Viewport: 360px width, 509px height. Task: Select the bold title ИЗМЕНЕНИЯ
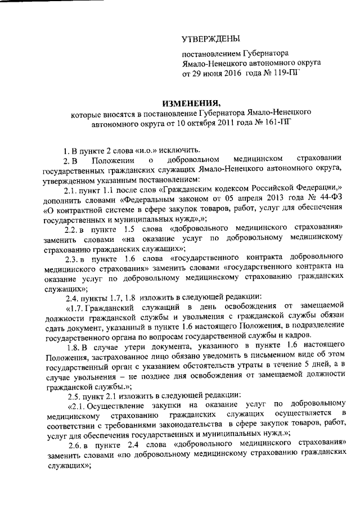point(189,103)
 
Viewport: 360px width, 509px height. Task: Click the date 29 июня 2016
point(214,74)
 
